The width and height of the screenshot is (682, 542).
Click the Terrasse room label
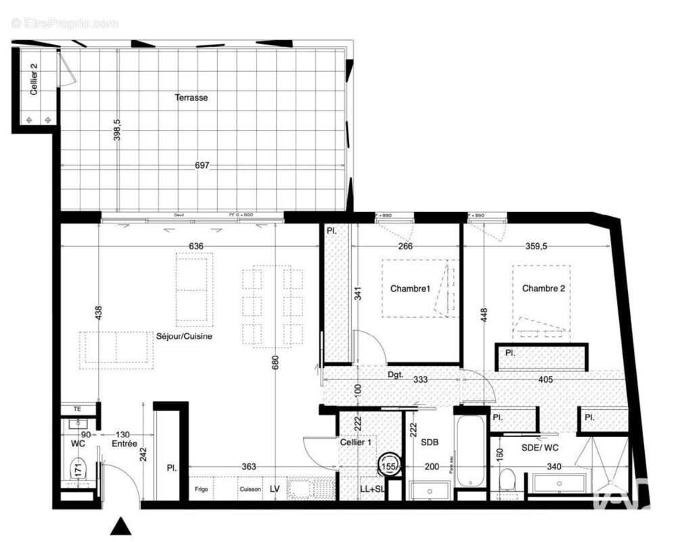click(x=191, y=98)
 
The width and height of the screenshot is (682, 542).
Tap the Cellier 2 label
click(x=34, y=79)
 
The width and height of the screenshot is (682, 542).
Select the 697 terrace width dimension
click(x=202, y=165)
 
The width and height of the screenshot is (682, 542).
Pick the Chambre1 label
click(x=410, y=289)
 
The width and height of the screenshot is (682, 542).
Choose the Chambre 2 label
click(x=543, y=288)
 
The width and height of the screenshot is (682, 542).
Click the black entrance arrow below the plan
click(x=120, y=526)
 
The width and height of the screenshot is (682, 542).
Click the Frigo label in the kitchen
click(x=202, y=488)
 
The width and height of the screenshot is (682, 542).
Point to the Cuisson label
click(x=248, y=488)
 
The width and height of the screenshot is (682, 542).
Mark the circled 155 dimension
click(x=388, y=466)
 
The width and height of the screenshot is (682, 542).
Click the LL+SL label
click(x=372, y=488)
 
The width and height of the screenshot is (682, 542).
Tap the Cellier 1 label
click(x=356, y=442)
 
